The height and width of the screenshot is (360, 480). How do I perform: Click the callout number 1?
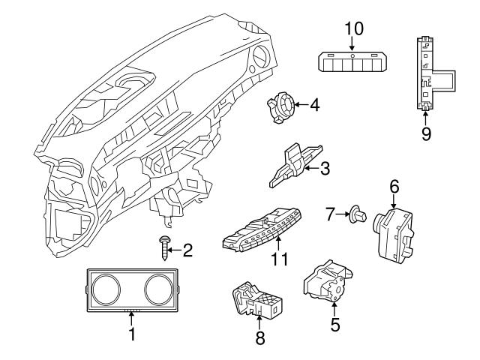(132, 331)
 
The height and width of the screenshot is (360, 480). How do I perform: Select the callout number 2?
(188, 250)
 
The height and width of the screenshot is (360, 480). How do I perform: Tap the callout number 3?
(325, 169)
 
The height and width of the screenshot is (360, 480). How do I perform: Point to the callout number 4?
(314, 106)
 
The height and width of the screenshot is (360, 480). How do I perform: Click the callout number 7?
(331, 214)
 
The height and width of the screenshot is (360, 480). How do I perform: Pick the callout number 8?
(260, 338)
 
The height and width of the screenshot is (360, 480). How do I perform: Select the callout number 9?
(425, 134)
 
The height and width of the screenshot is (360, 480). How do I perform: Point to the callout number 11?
(279, 260)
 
